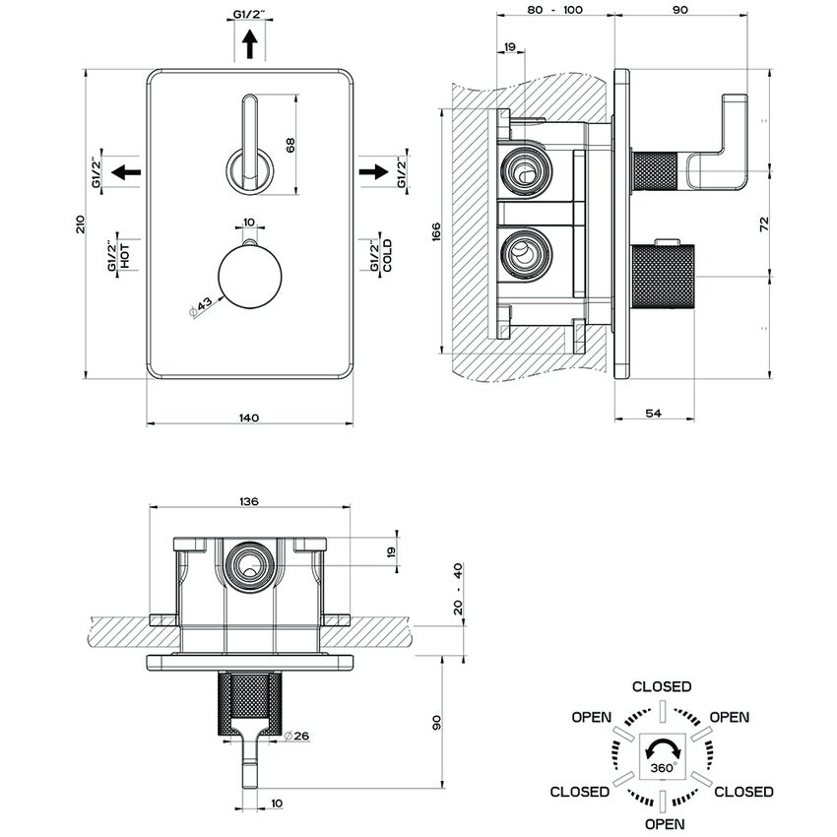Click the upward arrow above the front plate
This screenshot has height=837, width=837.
250,44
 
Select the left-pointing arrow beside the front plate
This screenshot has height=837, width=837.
125,172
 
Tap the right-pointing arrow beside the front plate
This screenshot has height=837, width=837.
374,172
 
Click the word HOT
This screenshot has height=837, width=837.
126,256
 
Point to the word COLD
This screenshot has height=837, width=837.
388,256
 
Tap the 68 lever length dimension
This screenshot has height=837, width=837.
290,144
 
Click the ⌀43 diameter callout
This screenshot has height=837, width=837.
201,306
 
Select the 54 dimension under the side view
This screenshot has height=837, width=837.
653,415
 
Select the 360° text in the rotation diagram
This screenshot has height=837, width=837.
662,765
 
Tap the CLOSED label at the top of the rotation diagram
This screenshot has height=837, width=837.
662,686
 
